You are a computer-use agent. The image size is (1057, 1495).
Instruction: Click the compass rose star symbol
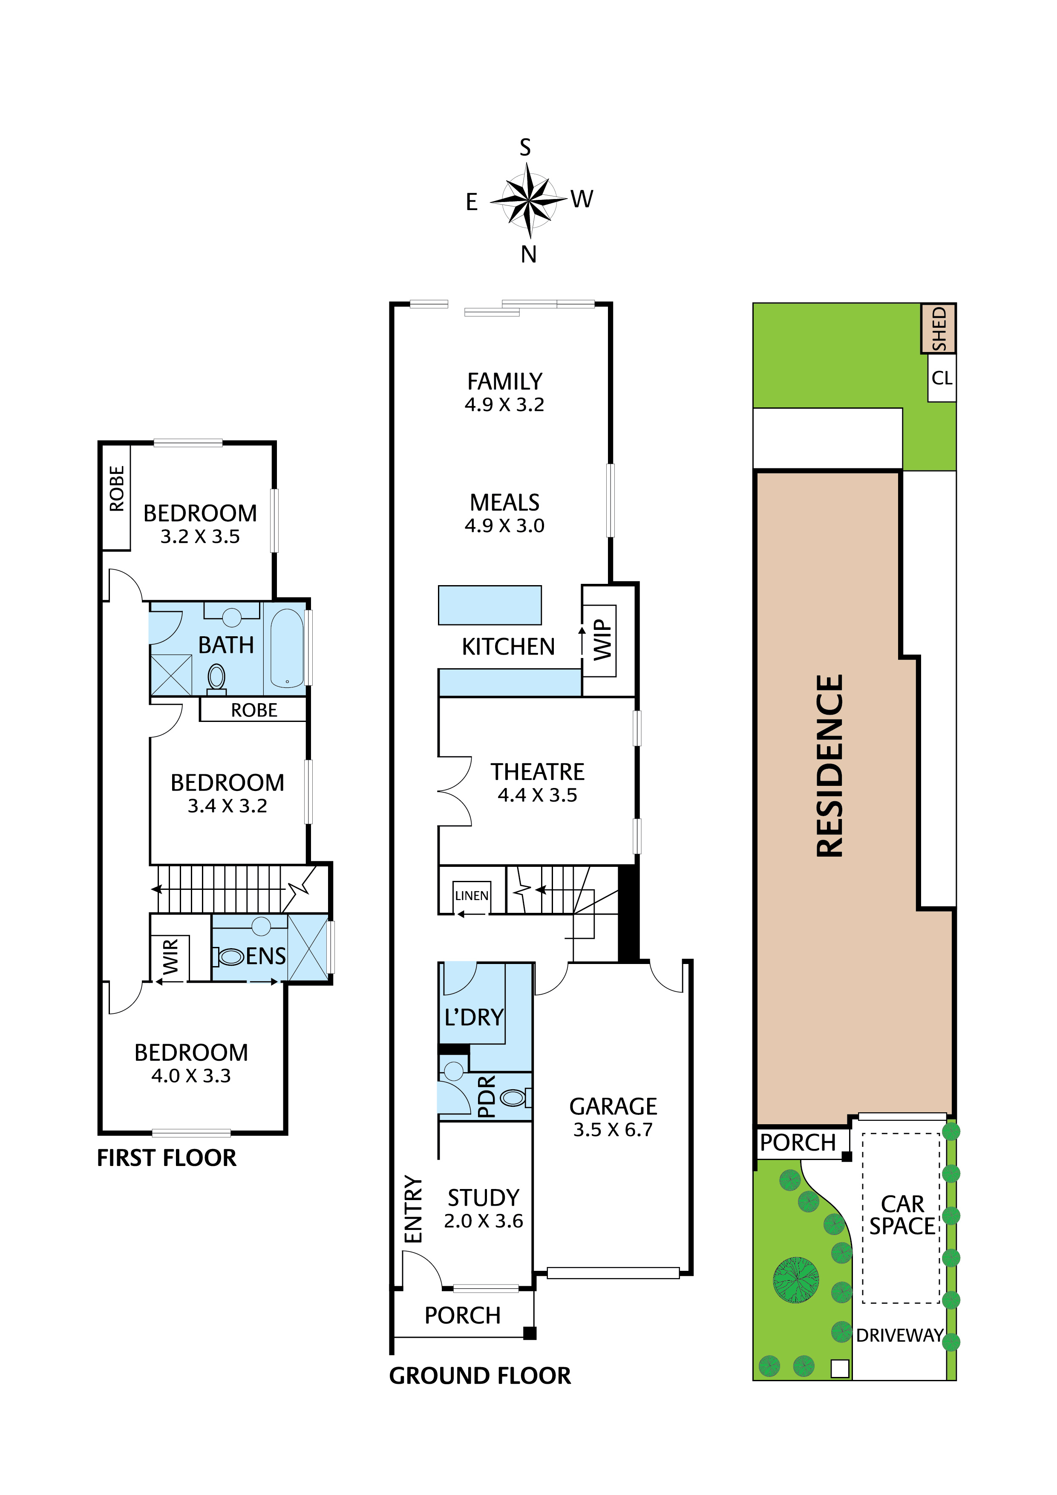[x=528, y=200]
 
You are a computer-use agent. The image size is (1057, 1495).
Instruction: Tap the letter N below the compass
[x=528, y=254]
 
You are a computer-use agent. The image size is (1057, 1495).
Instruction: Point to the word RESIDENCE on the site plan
[x=830, y=766]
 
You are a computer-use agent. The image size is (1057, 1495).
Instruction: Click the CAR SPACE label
[x=902, y=1215]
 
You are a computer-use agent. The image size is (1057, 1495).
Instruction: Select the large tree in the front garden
[x=795, y=1279]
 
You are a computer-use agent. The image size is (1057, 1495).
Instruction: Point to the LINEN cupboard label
[x=471, y=896]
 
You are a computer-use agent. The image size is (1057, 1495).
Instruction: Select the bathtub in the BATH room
[x=286, y=648]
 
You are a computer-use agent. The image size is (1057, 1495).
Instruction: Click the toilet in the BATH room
[x=217, y=677]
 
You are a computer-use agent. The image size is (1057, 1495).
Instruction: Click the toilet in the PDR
[x=513, y=1098]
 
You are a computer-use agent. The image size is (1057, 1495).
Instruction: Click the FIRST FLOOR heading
[x=167, y=1158]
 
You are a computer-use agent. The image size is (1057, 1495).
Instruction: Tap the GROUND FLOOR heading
[x=480, y=1375]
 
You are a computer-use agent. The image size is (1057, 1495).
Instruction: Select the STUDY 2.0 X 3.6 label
[x=483, y=1209]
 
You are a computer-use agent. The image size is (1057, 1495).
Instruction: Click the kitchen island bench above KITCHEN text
[x=490, y=605]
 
